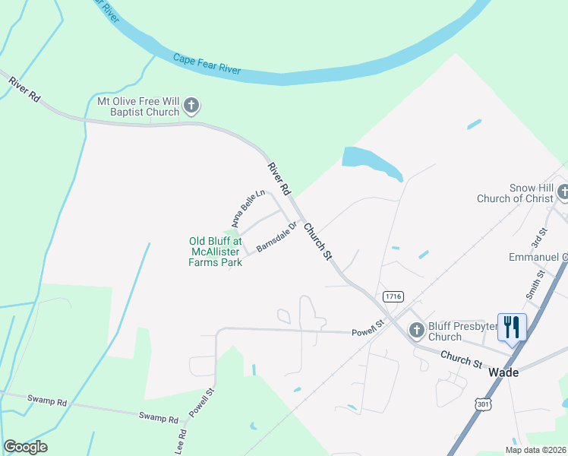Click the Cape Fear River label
pos(207,64)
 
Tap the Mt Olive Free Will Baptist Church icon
pos(191,106)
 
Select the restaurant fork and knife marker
pos(511,328)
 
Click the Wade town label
pos(503,372)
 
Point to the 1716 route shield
pos(393,296)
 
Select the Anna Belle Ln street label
pos(248,208)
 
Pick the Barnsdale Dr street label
pos(274,237)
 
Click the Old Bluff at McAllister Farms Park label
pos(215,252)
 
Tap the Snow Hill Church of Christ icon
pos(563,192)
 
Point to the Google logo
pos(25,447)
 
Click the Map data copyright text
pos(535,450)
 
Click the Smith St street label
pos(535,283)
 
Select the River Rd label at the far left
pos(24,90)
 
